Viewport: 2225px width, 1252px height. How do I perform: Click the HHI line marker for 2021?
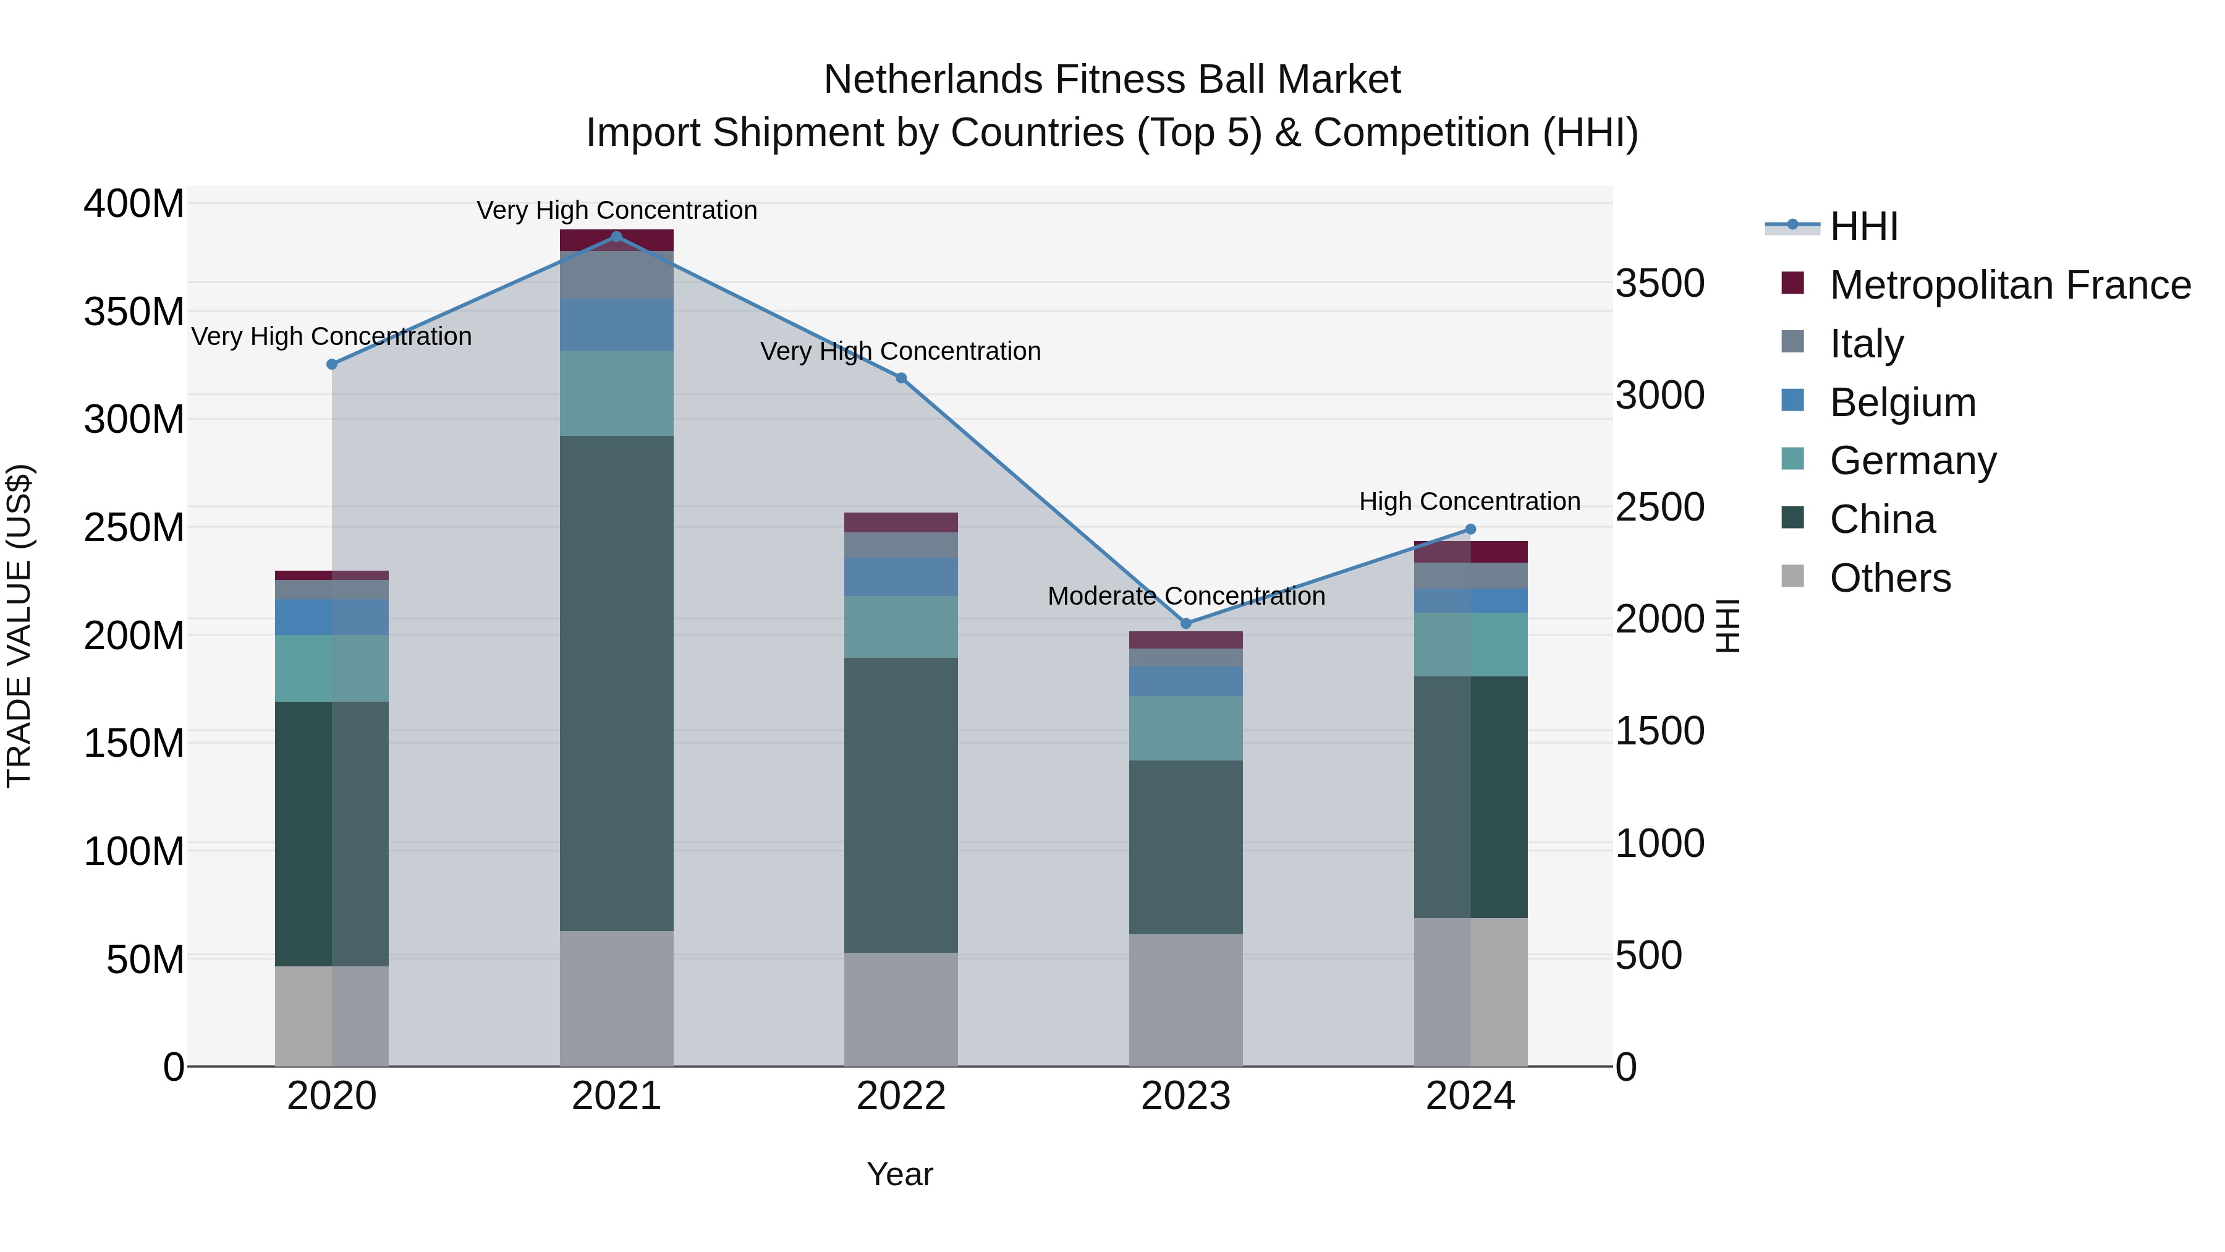point(616,237)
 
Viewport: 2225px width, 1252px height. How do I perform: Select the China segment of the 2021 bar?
point(616,683)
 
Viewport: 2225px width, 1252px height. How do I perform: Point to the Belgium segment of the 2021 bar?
point(616,324)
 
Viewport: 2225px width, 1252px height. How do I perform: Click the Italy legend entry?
point(1866,344)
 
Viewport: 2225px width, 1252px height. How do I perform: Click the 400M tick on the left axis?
point(134,205)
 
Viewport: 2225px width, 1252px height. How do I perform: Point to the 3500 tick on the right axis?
point(1659,283)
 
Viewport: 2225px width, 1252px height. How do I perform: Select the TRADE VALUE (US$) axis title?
point(19,626)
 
